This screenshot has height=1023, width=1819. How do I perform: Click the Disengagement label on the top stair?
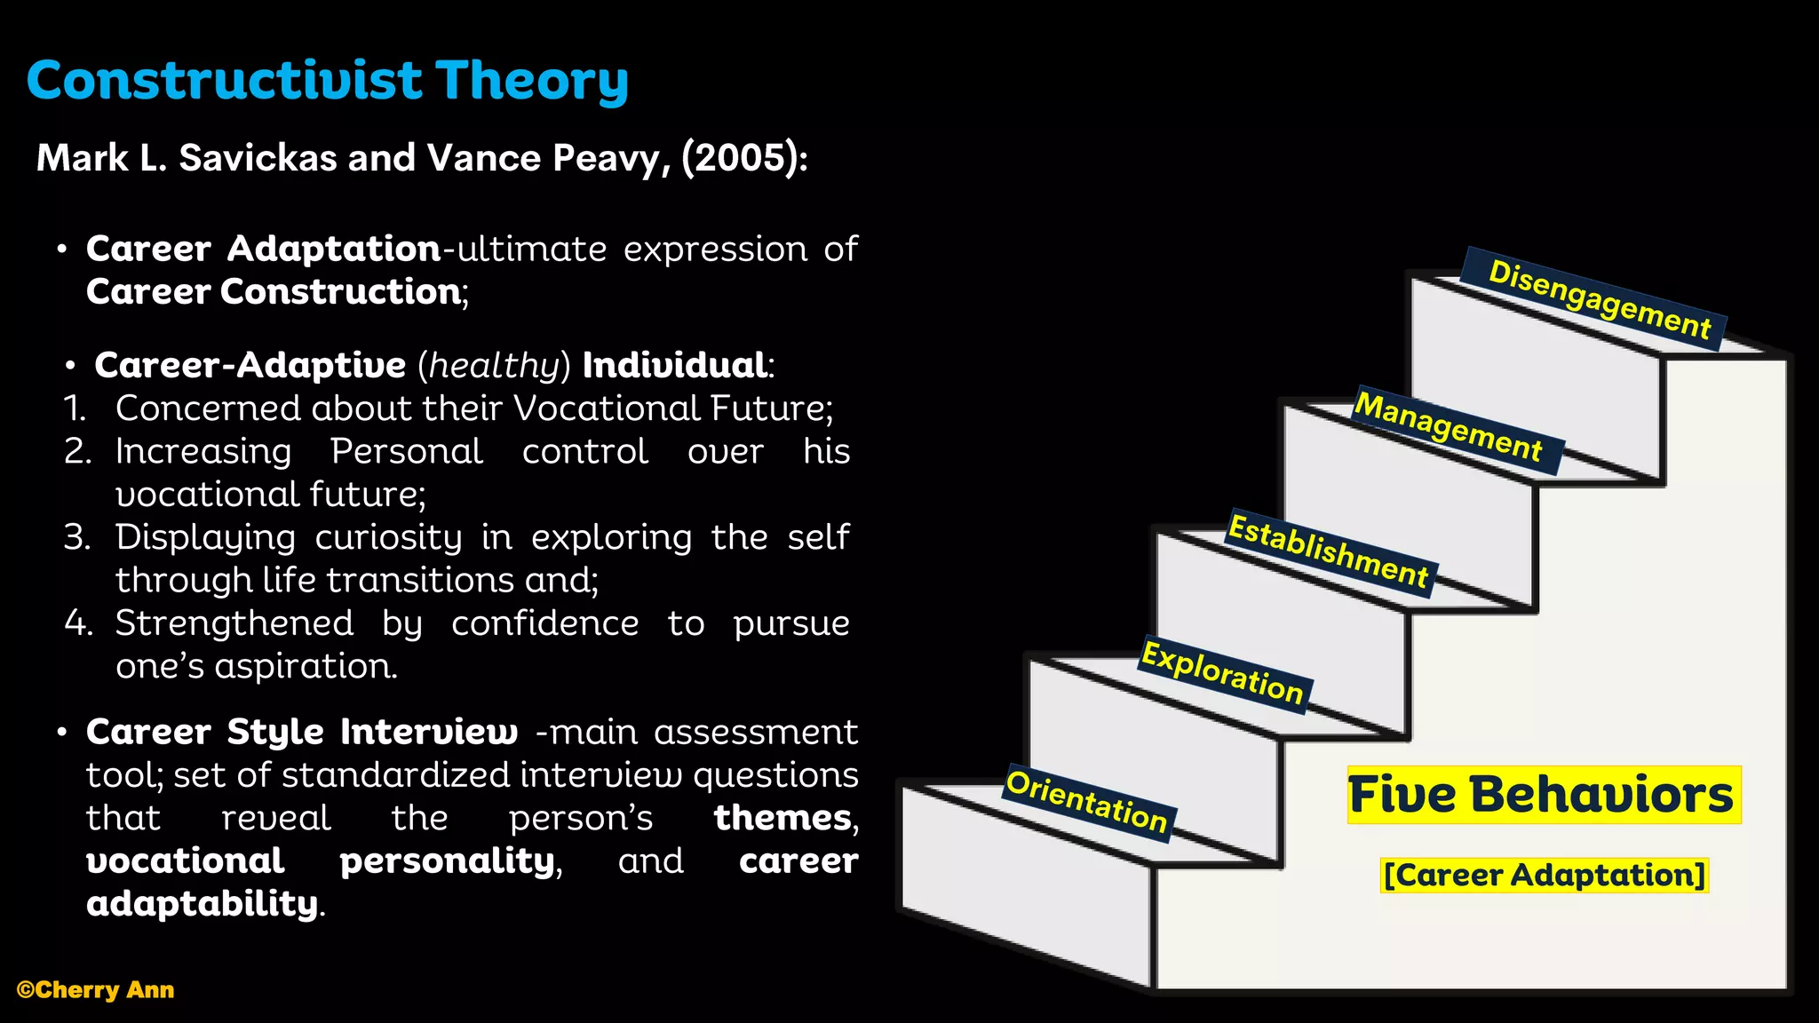click(1599, 299)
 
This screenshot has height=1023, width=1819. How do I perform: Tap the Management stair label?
click(1448, 427)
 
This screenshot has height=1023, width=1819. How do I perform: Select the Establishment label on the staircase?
click(1329, 551)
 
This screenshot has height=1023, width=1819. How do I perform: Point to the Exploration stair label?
click(1222, 672)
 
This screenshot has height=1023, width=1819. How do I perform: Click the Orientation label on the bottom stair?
click(1086, 802)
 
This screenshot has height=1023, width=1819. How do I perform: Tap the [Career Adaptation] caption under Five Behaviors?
click(1545, 875)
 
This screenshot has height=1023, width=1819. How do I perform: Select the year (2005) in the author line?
click(739, 158)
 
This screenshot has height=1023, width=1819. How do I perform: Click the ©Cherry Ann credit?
click(96, 990)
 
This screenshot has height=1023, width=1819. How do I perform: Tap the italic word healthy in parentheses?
click(494, 365)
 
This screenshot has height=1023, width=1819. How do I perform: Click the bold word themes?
click(782, 818)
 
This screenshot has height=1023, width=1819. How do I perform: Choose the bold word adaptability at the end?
click(202, 903)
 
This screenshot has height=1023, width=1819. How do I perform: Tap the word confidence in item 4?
click(544, 623)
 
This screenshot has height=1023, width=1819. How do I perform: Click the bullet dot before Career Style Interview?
click(61, 733)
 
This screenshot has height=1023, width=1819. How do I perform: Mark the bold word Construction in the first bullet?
click(340, 292)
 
